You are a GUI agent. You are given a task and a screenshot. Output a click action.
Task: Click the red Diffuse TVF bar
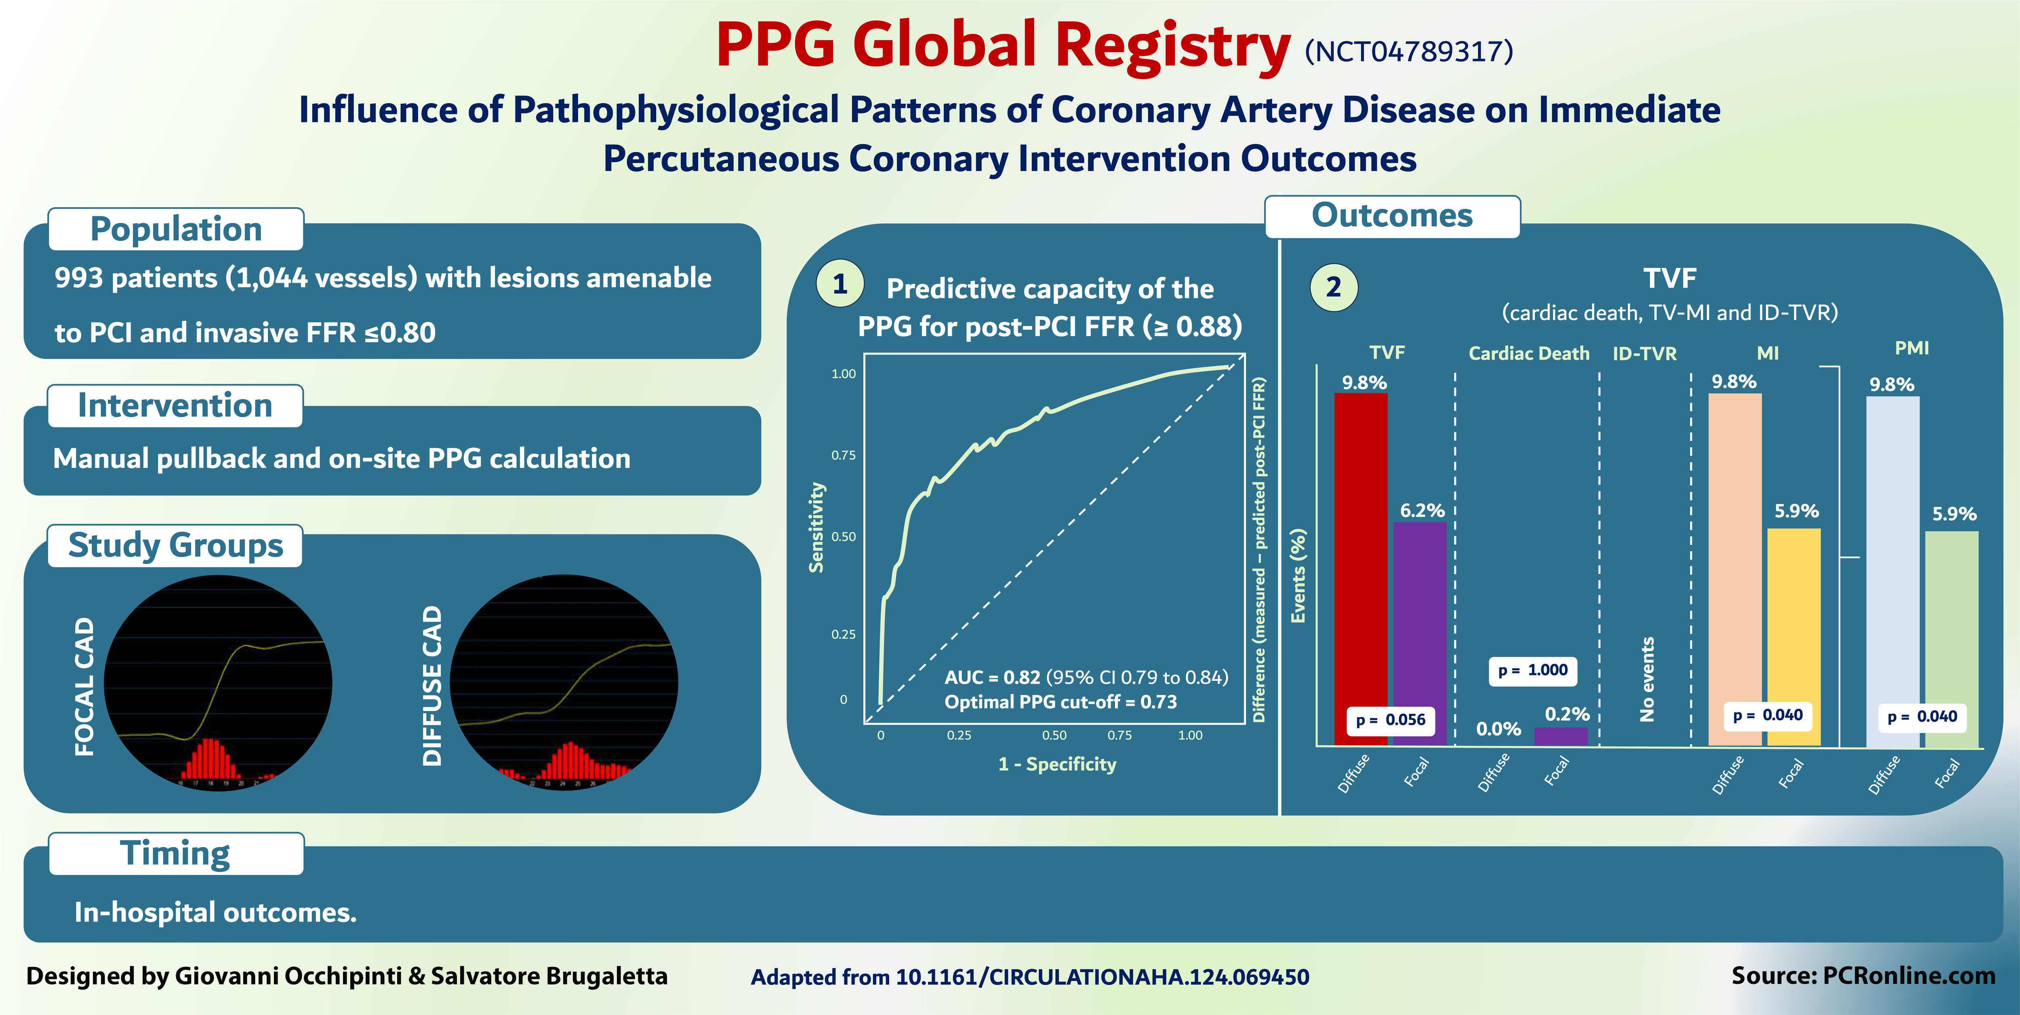[1361, 549]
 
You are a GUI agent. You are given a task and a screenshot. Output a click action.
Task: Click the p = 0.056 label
[1390, 719]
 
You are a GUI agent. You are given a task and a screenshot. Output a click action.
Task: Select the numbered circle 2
[1333, 287]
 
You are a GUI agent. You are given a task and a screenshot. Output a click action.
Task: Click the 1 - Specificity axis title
[1057, 764]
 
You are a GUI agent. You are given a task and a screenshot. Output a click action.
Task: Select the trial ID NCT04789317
[1408, 52]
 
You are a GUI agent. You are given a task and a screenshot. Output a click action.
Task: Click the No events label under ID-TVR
[1647, 679]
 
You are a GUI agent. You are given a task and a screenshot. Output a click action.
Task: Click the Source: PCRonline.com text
[1863, 976]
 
